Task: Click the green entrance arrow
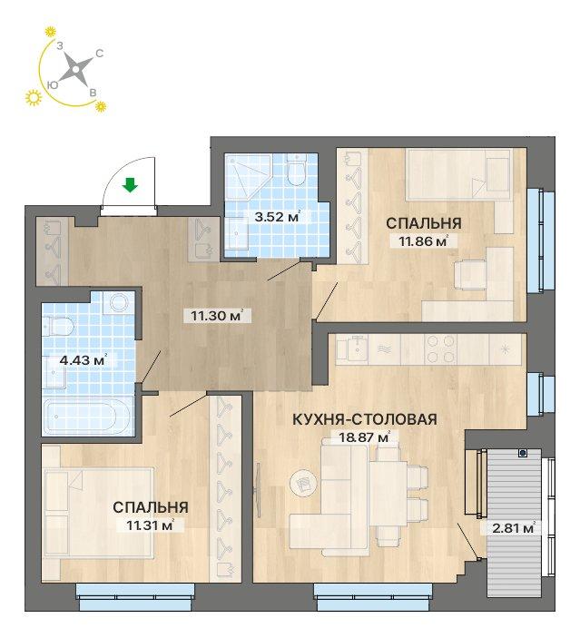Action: (x=131, y=187)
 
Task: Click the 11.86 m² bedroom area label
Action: (x=418, y=240)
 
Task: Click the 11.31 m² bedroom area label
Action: (x=145, y=524)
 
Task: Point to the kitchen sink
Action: (x=351, y=348)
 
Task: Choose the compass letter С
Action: (x=99, y=54)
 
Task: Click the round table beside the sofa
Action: (x=300, y=482)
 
